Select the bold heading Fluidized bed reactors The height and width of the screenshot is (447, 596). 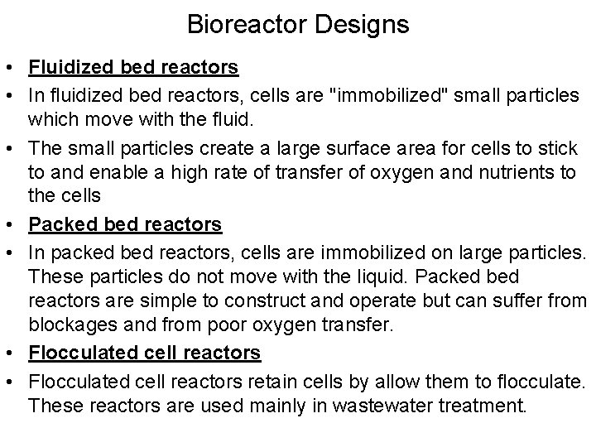click(x=133, y=66)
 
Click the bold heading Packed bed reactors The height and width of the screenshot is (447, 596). click(x=125, y=224)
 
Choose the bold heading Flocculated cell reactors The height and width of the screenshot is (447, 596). click(x=145, y=353)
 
